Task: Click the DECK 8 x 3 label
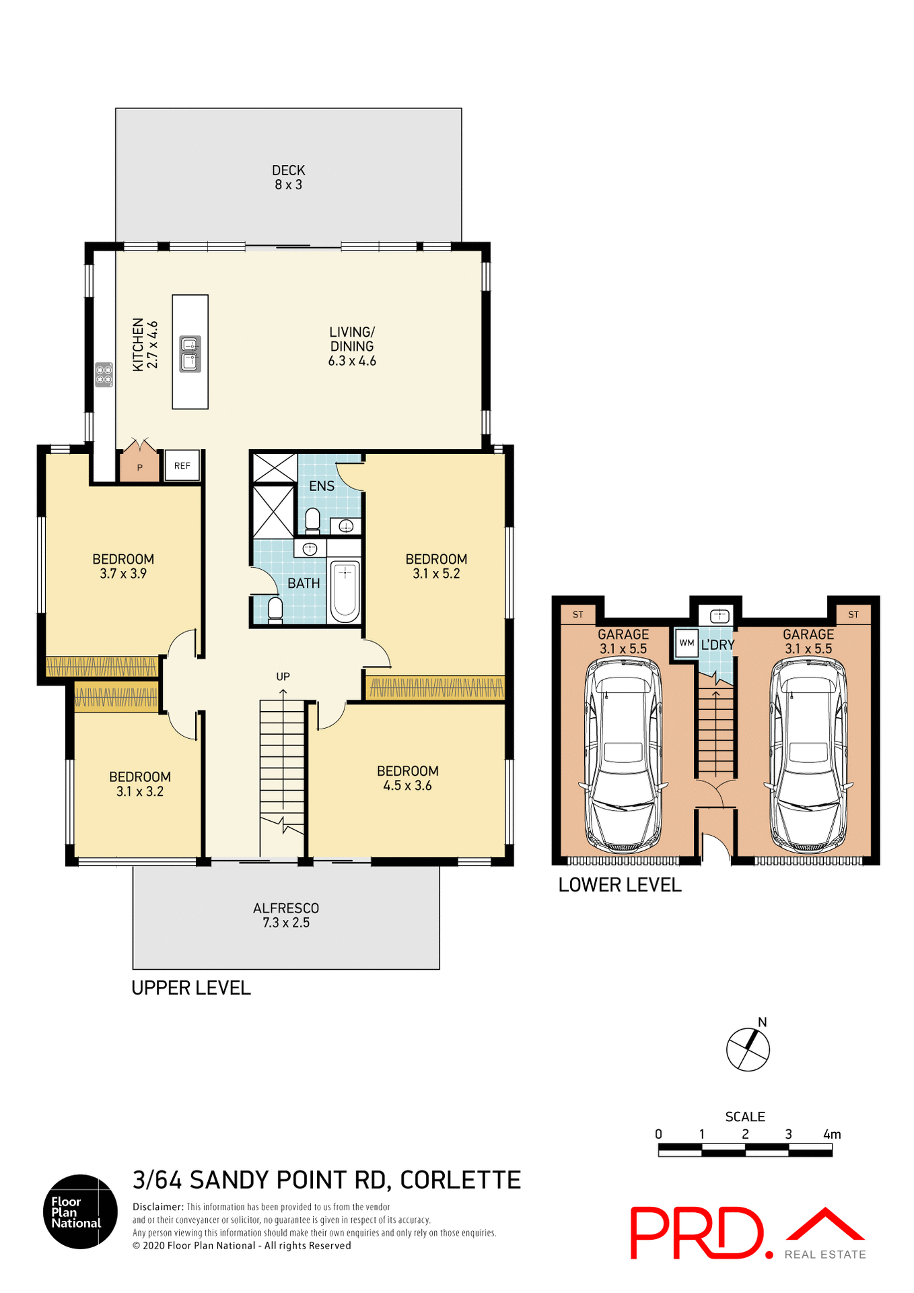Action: point(288,178)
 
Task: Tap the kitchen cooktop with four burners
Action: point(104,374)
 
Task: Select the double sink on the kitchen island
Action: point(190,354)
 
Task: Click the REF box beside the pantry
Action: point(182,465)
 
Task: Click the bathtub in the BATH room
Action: point(345,591)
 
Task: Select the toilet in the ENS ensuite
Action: point(312,520)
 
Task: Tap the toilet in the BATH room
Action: point(275,609)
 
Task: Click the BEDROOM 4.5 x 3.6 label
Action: point(407,778)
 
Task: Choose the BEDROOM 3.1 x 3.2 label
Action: point(140,784)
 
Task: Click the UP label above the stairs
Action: point(283,676)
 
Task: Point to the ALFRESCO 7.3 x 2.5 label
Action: point(286,915)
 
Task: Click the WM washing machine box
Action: point(687,642)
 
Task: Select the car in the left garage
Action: point(623,754)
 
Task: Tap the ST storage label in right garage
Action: point(853,614)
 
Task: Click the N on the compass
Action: point(763,1022)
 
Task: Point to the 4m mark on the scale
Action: point(832,1135)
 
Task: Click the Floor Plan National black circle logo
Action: point(81,1212)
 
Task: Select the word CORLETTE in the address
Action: point(460,1181)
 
